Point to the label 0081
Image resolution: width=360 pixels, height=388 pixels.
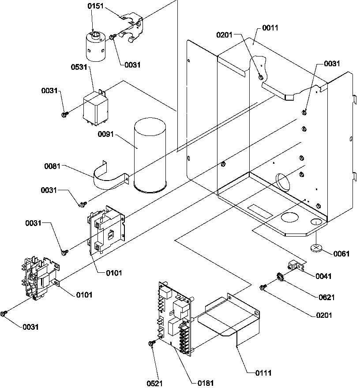(x=52, y=167)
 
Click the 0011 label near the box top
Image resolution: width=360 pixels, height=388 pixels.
(x=270, y=28)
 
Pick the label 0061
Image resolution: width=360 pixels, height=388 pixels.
(x=341, y=254)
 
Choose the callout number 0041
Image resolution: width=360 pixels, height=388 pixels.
(x=323, y=276)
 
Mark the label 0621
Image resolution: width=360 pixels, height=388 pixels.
(x=326, y=298)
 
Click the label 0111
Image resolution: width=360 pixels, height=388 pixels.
(x=263, y=373)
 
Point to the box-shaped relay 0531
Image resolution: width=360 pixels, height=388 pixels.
(x=95, y=105)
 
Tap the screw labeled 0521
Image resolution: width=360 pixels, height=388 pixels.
(x=152, y=343)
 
